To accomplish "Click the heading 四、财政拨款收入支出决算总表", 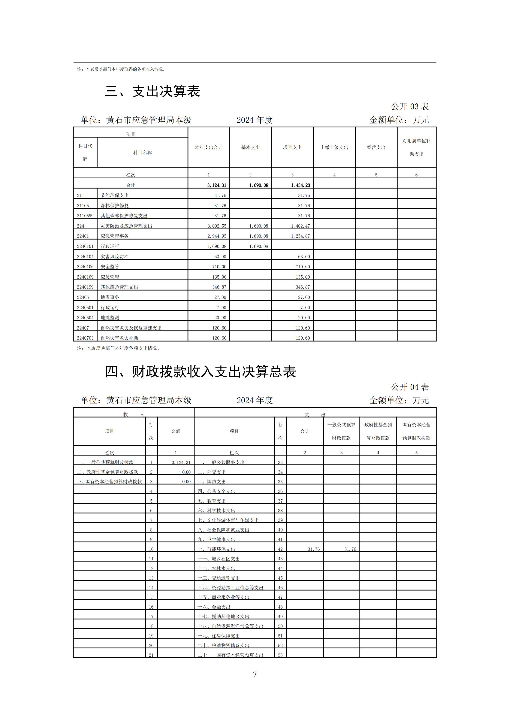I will coord(200,372).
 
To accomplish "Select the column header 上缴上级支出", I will coord(334,148).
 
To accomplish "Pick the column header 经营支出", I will coord(376,148).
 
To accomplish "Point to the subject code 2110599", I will coord(85,216).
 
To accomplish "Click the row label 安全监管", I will coord(110,267).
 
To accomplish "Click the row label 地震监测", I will coord(110,318).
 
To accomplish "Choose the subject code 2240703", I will coord(85,338).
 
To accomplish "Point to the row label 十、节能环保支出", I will coord(216,549).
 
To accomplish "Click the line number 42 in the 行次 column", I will coord(280,549).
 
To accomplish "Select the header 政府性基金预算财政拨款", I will coord(378,431).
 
